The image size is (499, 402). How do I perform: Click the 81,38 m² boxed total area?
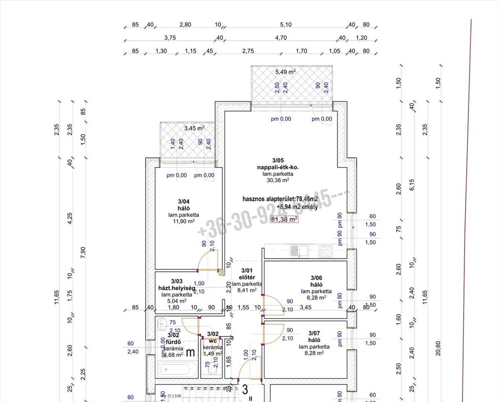[284, 219]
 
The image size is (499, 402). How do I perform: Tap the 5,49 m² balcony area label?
[285, 72]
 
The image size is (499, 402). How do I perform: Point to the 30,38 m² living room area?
[279, 180]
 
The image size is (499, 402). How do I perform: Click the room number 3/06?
[316, 278]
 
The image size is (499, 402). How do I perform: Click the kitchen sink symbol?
[298, 251]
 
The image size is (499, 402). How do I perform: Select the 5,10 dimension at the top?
[286, 25]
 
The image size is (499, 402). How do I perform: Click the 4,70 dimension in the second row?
[281, 38]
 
